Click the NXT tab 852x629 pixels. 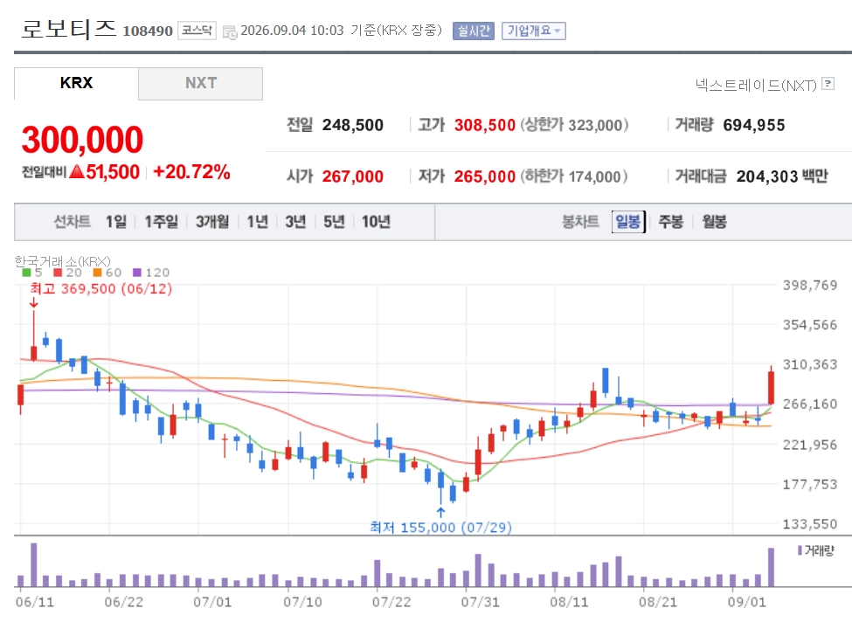tap(200, 83)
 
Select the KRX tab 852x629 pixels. tap(76, 83)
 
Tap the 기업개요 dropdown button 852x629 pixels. tap(534, 31)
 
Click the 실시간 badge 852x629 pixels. tap(474, 31)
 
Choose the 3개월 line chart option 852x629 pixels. tap(212, 222)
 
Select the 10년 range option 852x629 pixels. tap(376, 222)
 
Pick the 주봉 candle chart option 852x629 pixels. tap(670, 222)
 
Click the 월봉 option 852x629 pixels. tap(714, 222)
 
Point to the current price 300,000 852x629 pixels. tap(83, 140)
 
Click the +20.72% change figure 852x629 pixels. tap(191, 172)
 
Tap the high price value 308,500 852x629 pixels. tap(485, 125)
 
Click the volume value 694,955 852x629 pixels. tap(753, 125)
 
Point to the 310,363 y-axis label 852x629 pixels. tap(809, 364)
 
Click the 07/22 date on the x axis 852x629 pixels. tap(391, 602)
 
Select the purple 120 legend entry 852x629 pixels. tap(151, 273)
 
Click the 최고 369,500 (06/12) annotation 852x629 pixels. tap(101, 288)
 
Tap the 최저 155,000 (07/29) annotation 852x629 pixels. tap(440, 527)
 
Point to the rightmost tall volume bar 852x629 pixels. tap(771, 568)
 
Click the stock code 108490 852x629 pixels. tap(148, 31)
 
